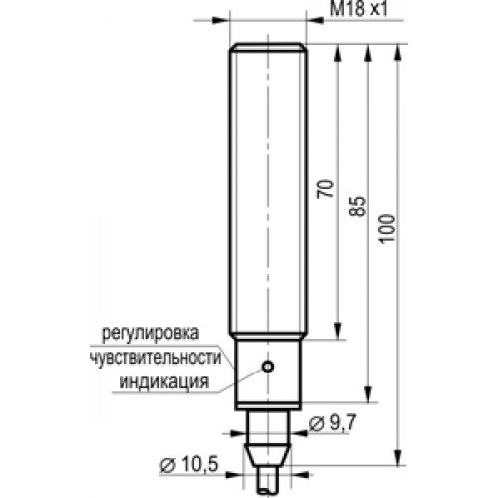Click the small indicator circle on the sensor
coord(268,367)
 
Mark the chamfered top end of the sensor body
coord(268,46)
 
